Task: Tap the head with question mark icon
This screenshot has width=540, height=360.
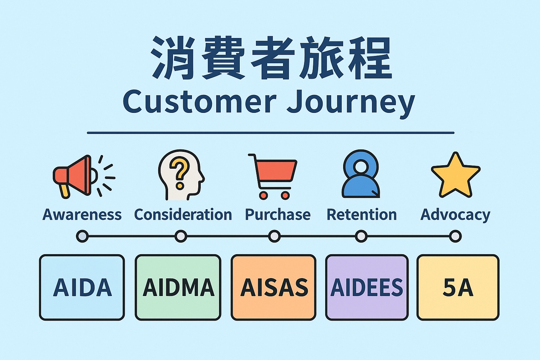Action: click(x=180, y=175)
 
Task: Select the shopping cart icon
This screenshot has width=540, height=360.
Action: click(x=274, y=176)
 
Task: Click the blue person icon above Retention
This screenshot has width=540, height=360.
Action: click(x=361, y=175)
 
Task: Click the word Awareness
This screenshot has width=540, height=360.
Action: click(x=82, y=214)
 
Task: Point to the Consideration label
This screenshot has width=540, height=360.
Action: click(x=183, y=214)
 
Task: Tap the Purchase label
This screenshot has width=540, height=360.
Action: click(x=278, y=214)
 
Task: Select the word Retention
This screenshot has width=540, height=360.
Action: click(x=362, y=214)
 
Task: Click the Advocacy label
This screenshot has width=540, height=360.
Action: click(x=455, y=215)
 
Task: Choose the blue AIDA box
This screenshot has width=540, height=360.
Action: click(x=82, y=287)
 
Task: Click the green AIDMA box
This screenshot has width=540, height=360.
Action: click(x=178, y=287)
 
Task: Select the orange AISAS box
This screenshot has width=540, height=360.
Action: click(x=274, y=287)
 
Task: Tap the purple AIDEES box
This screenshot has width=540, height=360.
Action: click(x=367, y=287)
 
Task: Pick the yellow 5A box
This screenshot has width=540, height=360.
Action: click(x=458, y=287)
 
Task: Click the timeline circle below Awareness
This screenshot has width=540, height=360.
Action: click(x=82, y=236)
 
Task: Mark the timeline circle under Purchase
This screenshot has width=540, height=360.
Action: click(x=274, y=236)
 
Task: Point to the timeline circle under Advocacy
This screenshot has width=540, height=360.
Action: click(x=456, y=236)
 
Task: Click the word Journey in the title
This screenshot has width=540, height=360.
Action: click(x=351, y=102)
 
